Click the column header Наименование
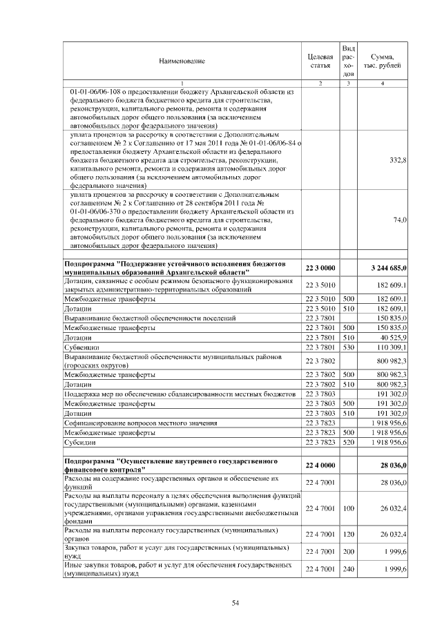click(x=182, y=61)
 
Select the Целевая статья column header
click(x=320, y=61)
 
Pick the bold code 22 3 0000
click(x=320, y=267)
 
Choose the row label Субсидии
click(x=79, y=442)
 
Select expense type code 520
click(x=348, y=442)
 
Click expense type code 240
click(x=348, y=568)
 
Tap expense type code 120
click(x=348, y=533)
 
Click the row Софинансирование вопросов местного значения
click(x=140, y=422)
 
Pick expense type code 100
click(x=348, y=508)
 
